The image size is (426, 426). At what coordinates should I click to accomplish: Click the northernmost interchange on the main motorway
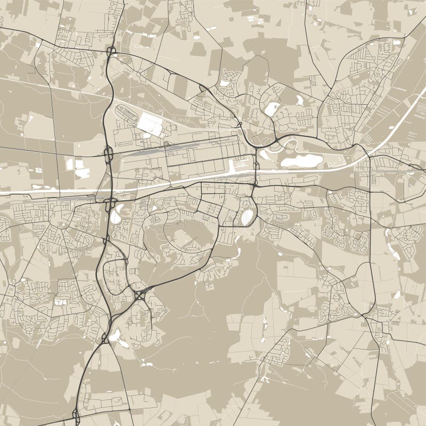(x=111, y=52)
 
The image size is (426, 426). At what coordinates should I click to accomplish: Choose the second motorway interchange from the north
(x=109, y=155)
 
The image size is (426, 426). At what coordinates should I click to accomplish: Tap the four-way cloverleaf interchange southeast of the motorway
(x=140, y=294)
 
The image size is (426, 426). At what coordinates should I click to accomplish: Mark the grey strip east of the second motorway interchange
(x=144, y=151)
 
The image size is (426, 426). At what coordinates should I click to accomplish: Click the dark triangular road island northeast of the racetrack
(x=203, y=88)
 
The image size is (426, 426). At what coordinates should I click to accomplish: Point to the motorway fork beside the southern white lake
(x=105, y=338)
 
